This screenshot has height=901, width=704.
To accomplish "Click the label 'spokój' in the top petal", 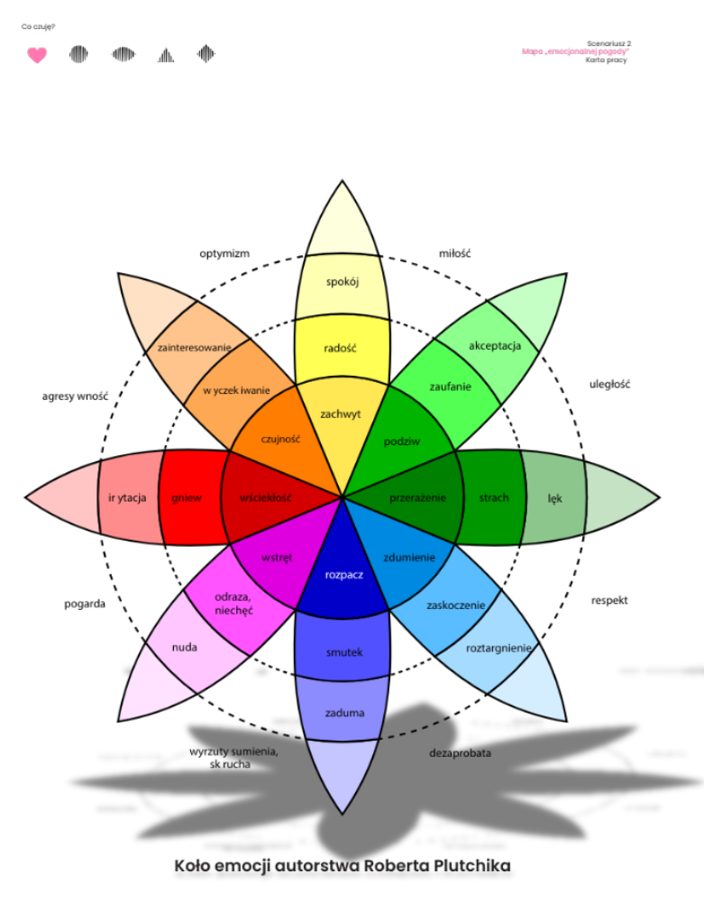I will [x=343, y=282].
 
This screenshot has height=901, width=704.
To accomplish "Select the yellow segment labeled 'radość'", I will [x=341, y=349].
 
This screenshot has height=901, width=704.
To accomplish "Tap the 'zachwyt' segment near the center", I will [x=341, y=414].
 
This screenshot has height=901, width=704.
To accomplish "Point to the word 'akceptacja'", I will [x=495, y=346].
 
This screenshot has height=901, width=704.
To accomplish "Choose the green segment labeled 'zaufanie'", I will [x=450, y=387].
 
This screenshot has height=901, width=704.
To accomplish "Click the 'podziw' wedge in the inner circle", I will [x=402, y=441].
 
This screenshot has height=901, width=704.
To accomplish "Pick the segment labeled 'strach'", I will [x=494, y=497].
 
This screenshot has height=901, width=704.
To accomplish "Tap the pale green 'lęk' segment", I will [x=554, y=498].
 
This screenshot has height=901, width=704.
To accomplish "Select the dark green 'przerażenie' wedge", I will [x=417, y=497].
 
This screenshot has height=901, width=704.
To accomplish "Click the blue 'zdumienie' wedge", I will [x=409, y=557].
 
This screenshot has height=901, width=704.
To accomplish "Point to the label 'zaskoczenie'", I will [x=455, y=605].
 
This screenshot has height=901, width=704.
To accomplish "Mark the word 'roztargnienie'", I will [x=498, y=648].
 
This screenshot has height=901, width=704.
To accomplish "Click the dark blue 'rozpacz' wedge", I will [x=343, y=575].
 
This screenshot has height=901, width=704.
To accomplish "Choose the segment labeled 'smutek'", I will [x=343, y=652].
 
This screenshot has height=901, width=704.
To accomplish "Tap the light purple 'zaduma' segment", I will [x=344, y=713].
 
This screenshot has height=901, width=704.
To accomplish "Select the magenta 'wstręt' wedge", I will [x=277, y=558].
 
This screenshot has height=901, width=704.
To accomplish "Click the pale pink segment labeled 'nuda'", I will [x=185, y=647].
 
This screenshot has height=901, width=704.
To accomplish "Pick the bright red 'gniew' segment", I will [x=187, y=498].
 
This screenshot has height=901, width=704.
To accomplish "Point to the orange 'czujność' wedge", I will [x=280, y=439].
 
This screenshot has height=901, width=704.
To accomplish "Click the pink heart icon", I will [x=37, y=56].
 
